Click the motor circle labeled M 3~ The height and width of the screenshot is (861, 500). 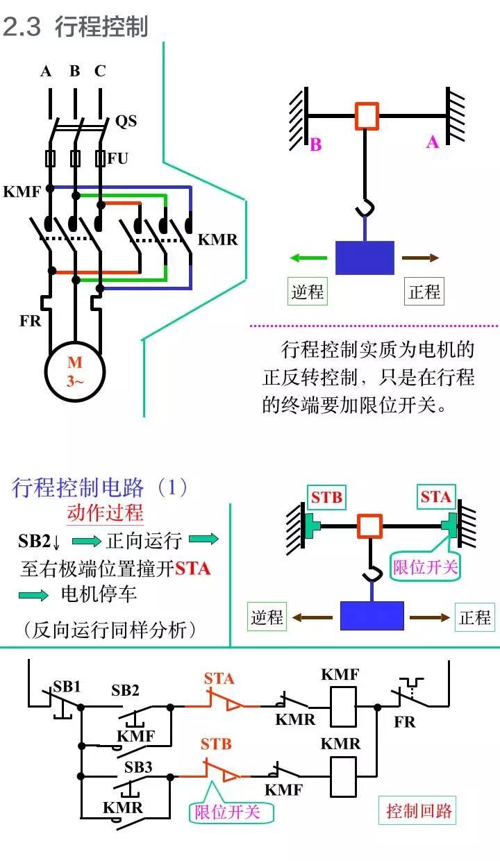pyautogui.click(x=74, y=372)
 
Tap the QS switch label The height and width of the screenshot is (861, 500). pyautogui.click(x=126, y=122)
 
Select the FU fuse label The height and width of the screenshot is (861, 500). pyautogui.click(x=118, y=158)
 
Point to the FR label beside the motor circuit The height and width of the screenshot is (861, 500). pyautogui.click(x=30, y=321)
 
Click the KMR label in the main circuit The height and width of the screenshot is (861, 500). pyautogui.click(x=217, y=240)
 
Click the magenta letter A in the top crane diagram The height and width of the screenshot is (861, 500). pyautogui.click(x=433, y=142)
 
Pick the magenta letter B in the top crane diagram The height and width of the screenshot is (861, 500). pyautogui.click(x=316, y=145)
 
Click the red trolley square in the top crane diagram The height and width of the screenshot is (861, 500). pyautogui.click(x=367, y=116)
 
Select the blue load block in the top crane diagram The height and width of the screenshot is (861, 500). pyautogui.click(x=365, y=258)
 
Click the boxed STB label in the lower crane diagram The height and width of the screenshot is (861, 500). pyautogui.click(x=326, y=497)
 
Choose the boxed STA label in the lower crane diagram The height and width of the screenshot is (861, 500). pyautogui.click(x=436, y=497)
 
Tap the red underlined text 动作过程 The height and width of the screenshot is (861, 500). pyautogui.click(x=105, y=513)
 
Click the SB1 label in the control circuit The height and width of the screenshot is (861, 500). pyautogui.click(x=67, y=687)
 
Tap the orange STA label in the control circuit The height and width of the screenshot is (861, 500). pyautogui.click(x=219, y=678)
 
